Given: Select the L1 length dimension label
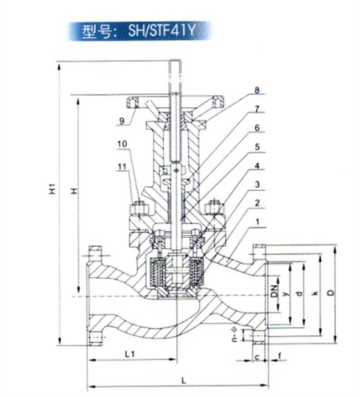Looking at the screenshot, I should point(128,354).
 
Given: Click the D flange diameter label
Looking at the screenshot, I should point(330,293).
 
